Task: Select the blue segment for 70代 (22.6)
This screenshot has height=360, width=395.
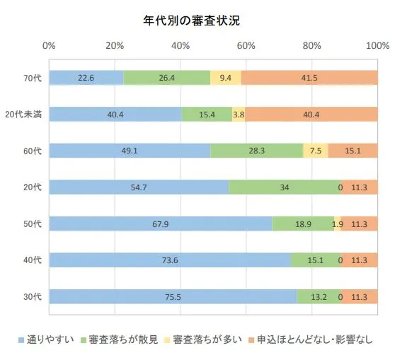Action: click(x=86, y=77)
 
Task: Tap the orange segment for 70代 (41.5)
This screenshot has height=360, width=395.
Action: click(x=309, y=77)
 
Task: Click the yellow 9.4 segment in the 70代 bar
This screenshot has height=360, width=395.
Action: click(x=225, y=77)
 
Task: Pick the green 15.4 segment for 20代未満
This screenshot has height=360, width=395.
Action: click(x=207, y=114)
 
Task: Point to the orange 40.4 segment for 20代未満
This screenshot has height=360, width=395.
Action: click(x=311, y=114)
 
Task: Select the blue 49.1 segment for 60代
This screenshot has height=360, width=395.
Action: click(x=130, y=150)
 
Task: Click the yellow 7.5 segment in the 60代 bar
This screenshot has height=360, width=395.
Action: click(x=316, y=150)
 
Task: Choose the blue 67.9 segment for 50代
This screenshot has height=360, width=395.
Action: click(x=160, y=223)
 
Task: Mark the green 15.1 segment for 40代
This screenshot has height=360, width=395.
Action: click(x=315, y=260)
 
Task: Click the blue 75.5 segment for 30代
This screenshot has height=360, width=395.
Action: click(x=173, y=296)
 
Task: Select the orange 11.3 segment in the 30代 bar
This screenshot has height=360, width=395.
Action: click(x=358, y=296)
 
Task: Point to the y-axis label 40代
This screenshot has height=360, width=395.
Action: click(x=33, y=260)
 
